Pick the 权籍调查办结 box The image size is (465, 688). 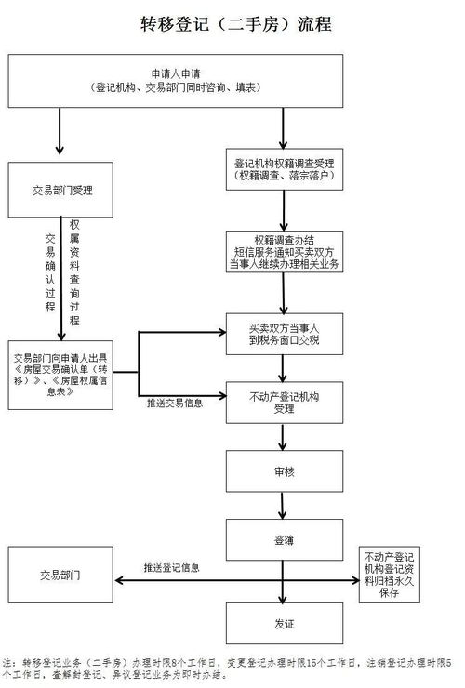point(285,251)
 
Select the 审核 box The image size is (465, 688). point(285,472)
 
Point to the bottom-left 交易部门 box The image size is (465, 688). point(61,576)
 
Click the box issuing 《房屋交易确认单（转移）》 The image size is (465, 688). point(61,374)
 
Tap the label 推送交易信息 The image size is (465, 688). point(176,404)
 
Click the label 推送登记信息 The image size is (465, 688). point(171,567)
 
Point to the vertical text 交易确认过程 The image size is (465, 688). point(50,271)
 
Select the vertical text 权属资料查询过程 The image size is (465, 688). point(74,271)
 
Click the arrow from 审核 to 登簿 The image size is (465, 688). point(285,506)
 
